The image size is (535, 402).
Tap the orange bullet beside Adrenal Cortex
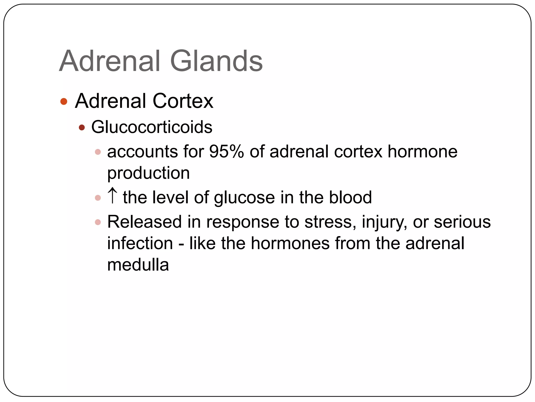[64, 101]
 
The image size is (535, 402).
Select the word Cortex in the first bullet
[183, 101]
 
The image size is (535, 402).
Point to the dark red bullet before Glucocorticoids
[82, 127]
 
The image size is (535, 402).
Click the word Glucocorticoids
[152, 127]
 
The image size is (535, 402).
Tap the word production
[148, 173]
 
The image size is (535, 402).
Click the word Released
[144, 222]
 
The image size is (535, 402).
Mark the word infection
[140, 243]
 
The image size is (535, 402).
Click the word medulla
[138, 265]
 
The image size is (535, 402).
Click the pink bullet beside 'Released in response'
[98, 222]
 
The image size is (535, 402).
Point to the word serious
[462, 222]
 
